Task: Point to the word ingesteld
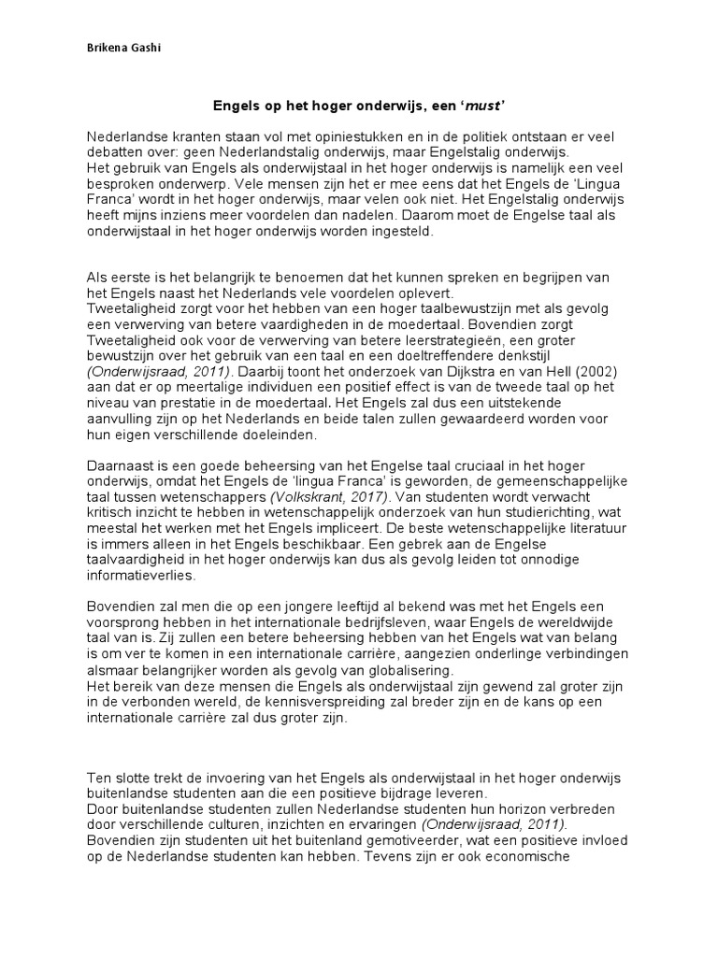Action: click(x=402, y=234)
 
